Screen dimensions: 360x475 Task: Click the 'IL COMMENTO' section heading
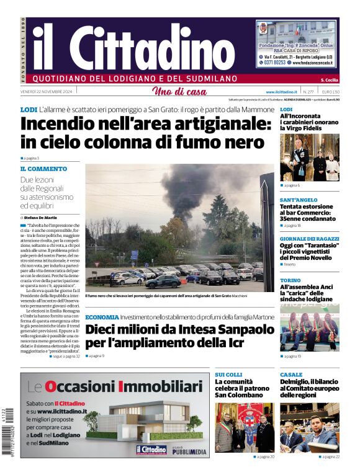click(x=43, y=168)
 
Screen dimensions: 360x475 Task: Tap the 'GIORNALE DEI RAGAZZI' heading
click(x=308, y=239)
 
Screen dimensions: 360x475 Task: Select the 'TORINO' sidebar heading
click(x=290, y=280)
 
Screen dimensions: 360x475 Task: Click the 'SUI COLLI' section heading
click(x=228, y=375)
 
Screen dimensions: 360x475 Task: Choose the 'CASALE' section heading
click(x=290, y=375)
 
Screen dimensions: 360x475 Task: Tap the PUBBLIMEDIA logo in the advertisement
click(x=189, y=451)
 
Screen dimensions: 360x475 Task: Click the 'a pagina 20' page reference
click(x=264, y=456)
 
